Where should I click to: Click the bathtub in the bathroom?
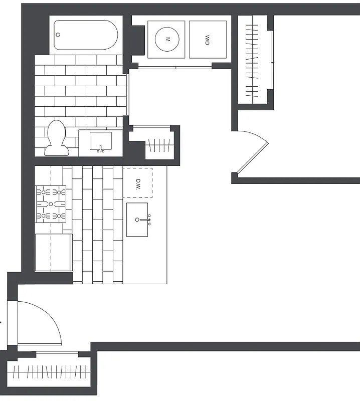point(85,35)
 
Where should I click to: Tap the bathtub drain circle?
point(58,35)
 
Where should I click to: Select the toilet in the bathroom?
point(56,137)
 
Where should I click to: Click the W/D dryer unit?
point(207,40)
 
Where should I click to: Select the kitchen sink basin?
point(137,219)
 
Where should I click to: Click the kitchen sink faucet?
point(149,218)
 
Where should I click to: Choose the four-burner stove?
point(50,204)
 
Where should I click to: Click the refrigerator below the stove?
point(53,253)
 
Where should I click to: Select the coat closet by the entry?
point(50,372)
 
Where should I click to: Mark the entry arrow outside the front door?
point(2,322)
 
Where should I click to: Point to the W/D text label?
point(207,40)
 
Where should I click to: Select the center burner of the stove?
point(50,204)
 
